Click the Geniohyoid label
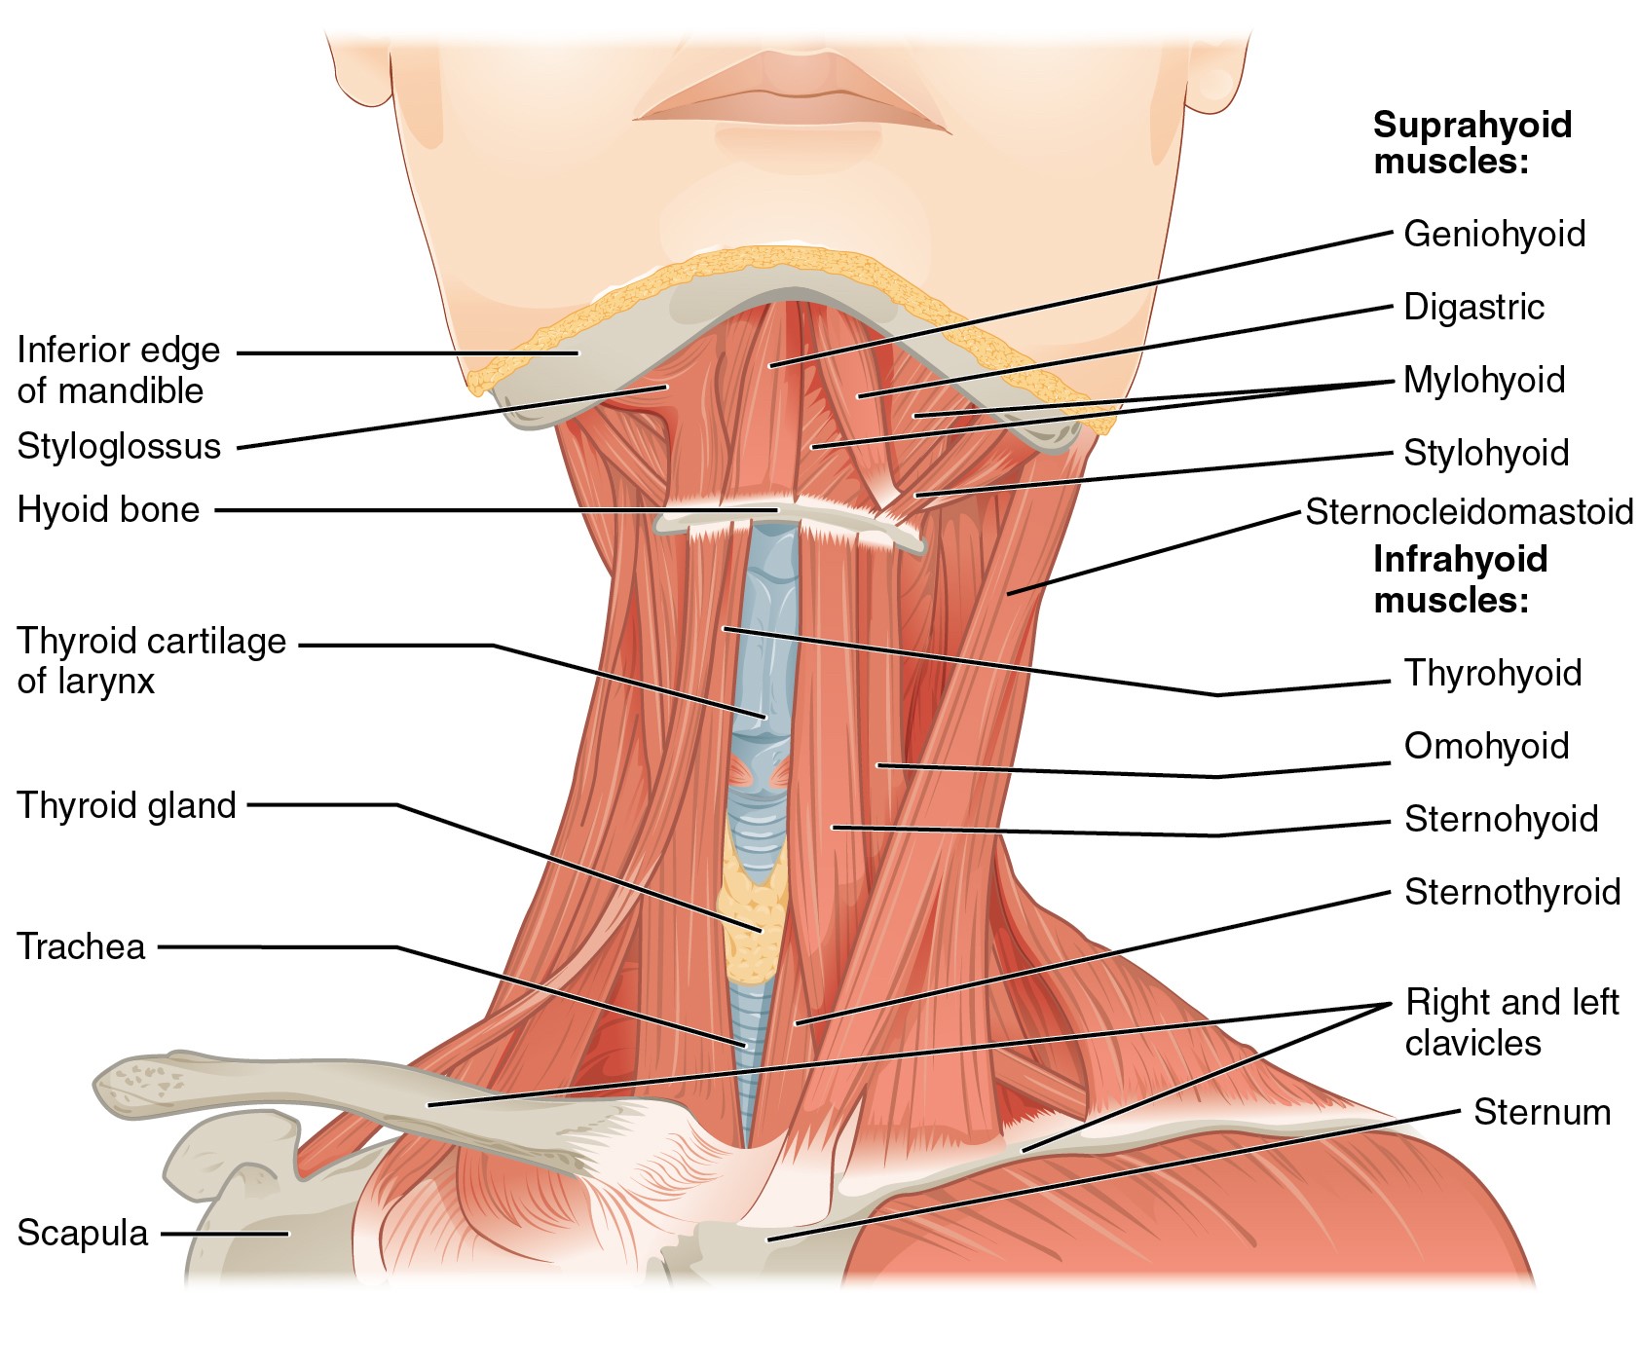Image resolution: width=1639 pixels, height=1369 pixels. pyautogui.click(x=1495, y=234)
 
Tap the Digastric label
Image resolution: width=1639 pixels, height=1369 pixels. pyautogui.click(x=1474, y=307)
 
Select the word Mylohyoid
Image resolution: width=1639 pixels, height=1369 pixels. pyautogui.click(x=1484, y=380)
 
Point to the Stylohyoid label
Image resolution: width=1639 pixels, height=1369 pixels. pyautogui.click(x=1486, y=453)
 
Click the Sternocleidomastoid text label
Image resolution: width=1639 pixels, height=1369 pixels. pyautogui.click(x=1470, y=511)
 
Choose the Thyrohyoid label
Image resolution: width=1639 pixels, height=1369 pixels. pyautogui.click(x=1493, y=673)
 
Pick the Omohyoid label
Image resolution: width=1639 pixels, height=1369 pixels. pyautogui.click(x=1486, y=746)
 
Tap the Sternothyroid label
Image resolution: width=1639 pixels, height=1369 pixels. pyautogui.click(x=1512, y=892)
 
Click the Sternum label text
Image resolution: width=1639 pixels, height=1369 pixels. pyautogui.click(x=1542, y=1112)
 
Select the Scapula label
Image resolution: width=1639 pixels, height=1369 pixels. pyautogui.click(x=83, y=1233)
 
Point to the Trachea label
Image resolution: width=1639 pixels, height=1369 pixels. pyautogui.click(x=81, y=946)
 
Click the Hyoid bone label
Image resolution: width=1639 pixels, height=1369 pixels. pyautogui.click(x=108, y=509)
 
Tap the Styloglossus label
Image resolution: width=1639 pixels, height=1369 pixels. pyautogui.click(x=119, y=446)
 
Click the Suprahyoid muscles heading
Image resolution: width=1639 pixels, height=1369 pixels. pyautogui.click(x=1472, y=142)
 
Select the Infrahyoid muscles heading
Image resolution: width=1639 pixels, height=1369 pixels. pyautogui.click(x=1460, y=578)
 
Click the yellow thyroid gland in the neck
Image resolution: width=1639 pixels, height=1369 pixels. pyautogui.click(x=752, y=920)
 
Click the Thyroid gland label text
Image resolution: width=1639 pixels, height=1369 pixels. pyautogui.click(x=127, y=805)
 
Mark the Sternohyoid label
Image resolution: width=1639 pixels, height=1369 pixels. pyautogui.click(x=1501, y=819)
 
